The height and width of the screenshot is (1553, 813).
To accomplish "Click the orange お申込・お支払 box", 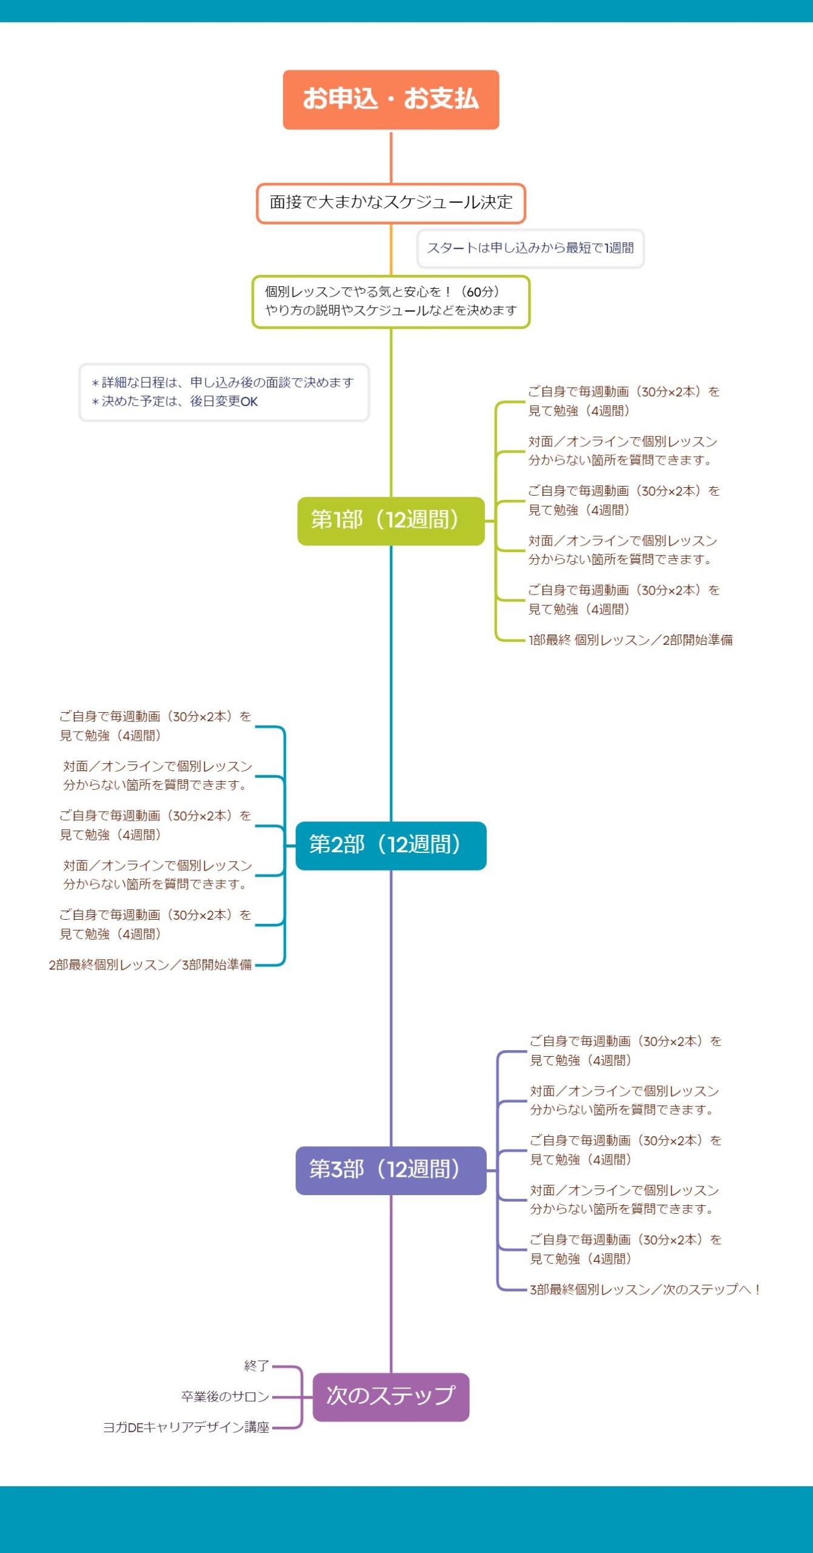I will click(390, 99).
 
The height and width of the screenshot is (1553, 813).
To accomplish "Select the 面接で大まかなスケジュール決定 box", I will click(390, 203).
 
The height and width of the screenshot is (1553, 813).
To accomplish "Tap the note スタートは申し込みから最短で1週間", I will click(530, 248).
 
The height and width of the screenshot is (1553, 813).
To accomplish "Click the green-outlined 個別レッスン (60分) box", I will click(390, 302).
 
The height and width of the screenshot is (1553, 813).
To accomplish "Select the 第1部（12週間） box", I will click(390, 520).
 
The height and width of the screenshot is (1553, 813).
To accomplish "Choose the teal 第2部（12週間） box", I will click(390, 845).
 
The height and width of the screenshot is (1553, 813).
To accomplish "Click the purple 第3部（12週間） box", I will click(390, 1170).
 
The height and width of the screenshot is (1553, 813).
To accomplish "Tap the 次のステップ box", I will click(390, 1396).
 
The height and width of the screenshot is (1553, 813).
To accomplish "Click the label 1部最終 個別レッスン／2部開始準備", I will click(631, 640).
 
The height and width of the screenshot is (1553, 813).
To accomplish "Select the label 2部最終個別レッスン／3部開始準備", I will click(150, 965).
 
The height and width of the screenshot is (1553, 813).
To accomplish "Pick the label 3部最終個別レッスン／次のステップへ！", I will click(645, 1289).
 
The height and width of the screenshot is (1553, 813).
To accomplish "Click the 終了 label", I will click(256, 1366).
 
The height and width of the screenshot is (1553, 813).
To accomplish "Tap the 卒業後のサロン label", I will click(225, 1396).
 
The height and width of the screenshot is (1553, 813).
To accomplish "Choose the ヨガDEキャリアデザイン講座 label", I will click(186, 1427).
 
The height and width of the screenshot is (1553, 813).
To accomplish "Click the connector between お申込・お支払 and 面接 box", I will click(391, 157).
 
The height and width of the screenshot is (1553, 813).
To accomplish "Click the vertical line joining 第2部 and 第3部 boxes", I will click(391, 1007).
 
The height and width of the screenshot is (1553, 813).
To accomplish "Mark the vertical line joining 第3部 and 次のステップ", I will click(391, 1283).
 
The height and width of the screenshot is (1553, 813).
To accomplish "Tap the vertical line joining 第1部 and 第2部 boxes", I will click(391, 682).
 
